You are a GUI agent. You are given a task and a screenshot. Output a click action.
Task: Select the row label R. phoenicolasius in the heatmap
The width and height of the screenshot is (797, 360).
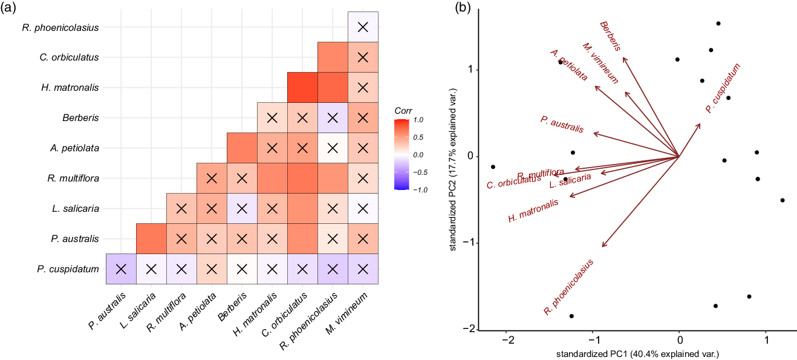point(60,27)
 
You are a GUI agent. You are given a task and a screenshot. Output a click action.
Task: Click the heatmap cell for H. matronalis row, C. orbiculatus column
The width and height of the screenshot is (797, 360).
point(302,87)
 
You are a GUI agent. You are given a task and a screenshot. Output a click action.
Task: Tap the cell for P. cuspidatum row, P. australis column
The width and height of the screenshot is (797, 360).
point(121,269)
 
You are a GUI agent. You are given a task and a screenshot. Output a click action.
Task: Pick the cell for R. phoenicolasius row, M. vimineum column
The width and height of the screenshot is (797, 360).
point(363,27)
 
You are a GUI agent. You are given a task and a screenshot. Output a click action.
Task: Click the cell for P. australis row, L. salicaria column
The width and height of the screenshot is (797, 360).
point(151,238)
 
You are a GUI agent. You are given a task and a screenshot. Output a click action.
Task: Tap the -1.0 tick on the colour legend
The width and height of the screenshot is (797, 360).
point(420,189)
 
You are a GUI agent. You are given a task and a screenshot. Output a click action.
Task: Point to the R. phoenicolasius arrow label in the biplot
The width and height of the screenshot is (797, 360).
point(568,287)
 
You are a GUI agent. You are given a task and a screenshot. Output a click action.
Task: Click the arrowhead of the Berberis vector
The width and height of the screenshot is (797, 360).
point(624,58)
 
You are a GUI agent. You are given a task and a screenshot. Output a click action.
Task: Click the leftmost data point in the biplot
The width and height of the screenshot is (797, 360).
point(493,167)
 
